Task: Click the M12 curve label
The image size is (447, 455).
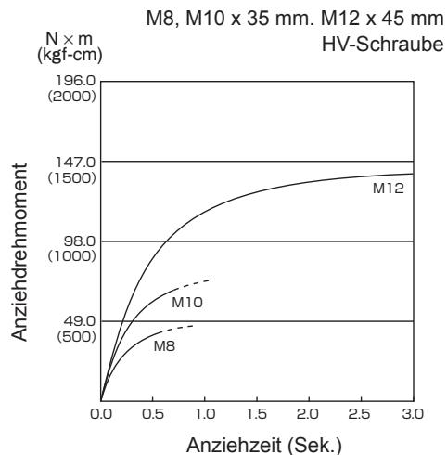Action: click(x=389, y=188)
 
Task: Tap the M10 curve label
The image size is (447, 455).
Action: click(x=187, y=303)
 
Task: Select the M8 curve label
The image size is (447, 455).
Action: click(x=164, y=346)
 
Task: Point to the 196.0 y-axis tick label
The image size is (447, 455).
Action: click(x=76, y=81)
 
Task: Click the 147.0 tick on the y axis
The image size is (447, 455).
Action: click(x=76, y=162)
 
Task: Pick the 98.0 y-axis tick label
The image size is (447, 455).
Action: click(x=80, y=241)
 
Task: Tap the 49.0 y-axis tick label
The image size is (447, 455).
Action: click(x=80, y=321)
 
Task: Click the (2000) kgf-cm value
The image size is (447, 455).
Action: click(x=71, y=97)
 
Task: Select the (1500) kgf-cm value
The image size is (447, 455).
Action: click(x=71, y=178)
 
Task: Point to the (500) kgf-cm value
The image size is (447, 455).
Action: click(x=77, y=337)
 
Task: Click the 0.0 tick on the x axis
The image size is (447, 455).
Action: click(x=101, y=414)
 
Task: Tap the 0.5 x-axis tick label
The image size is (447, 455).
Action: click(x=153, y=414)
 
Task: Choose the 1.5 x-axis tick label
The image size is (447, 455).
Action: click(x=257, y=414)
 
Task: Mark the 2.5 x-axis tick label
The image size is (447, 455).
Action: click(x=360, y=414)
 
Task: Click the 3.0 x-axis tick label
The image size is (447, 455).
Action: click(x=413, y=414)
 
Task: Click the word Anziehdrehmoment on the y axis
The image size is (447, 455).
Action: click(x=19, y=253)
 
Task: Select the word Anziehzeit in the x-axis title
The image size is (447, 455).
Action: click(x=234, y=446)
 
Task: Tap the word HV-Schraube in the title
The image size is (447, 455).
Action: click(x=383, y=45)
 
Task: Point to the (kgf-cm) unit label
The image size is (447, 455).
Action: click(x=70, y=56)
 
